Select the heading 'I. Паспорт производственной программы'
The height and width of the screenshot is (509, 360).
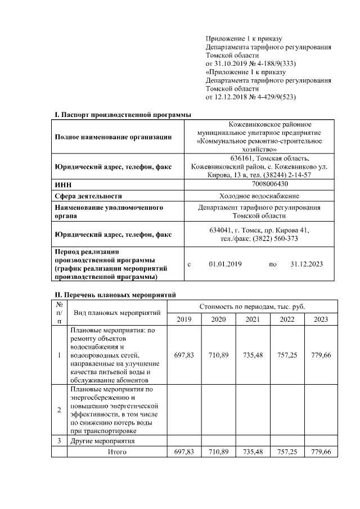tap(123, 115)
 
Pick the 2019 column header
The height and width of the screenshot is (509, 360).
tap(184, 319)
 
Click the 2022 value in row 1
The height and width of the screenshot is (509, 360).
tap(287, 355)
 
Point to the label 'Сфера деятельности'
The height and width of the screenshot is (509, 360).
tap(88, 196)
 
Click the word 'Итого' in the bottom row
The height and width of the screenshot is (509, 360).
tap(117, 452)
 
